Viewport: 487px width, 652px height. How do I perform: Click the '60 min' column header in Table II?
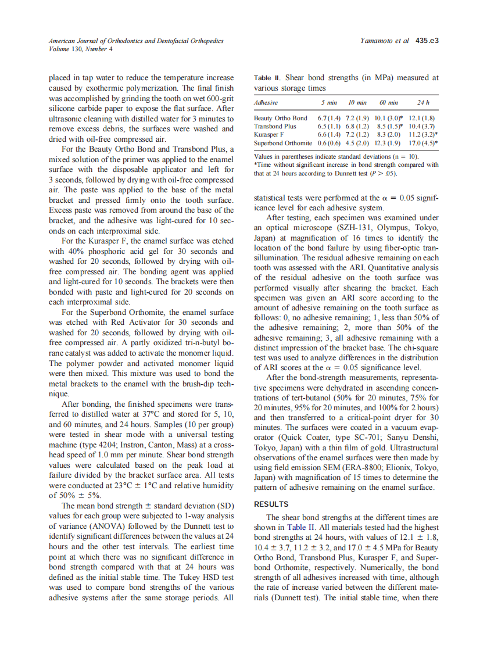(x=388, y=102)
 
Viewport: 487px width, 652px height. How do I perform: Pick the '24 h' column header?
(x=423, y=102)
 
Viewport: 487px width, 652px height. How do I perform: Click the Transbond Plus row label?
(x=275, y=126)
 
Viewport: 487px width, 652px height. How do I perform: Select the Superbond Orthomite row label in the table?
(x=283, y=142)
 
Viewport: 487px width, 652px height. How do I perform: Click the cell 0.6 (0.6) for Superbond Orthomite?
(x=328, y=142)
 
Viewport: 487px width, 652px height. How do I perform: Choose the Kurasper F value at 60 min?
(x=388, y=134)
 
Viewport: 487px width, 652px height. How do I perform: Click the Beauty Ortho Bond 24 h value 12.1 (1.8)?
(x=422, y=118)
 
